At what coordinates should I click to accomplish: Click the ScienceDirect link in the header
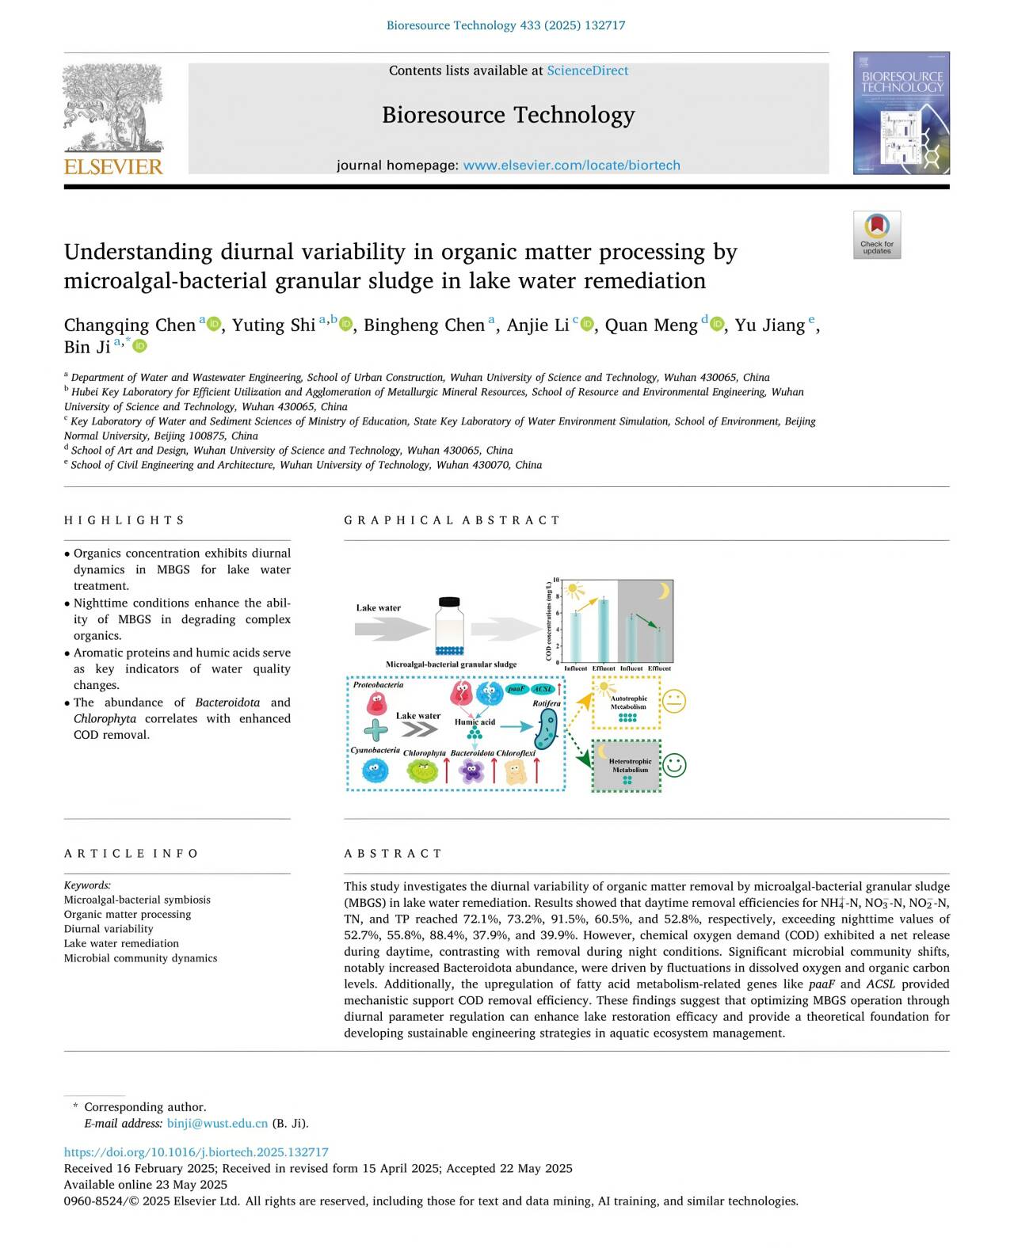(x=587, y=70)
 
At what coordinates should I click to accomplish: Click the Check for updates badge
(x=876, y=234)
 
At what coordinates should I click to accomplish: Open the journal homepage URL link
(x=571, y=166)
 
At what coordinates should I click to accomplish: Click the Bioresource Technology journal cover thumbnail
(x=901, y=113)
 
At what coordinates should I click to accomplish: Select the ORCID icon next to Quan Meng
(x=718, y=325)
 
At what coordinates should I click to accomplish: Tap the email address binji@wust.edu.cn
(x=217, y=1123)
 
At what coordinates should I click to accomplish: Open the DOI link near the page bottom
(x=196, y=1152)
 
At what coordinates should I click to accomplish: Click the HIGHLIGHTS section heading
(x=124, y=520)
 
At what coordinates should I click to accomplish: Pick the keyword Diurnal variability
(x=109, y=929)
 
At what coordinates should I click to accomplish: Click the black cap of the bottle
(x=449, y=602)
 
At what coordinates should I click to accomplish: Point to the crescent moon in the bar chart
(x=664, y=591)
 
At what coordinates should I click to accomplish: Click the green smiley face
(x=673, y=765)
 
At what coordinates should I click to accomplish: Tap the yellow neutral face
(x=673, y=702)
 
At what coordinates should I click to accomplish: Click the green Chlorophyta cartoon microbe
(x=422, y=771)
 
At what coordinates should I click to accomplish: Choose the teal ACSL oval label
(x=543, y=689)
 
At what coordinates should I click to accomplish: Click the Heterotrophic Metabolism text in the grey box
(x=630, y=765)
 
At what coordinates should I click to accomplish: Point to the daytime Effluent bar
(x=604, y=631)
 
